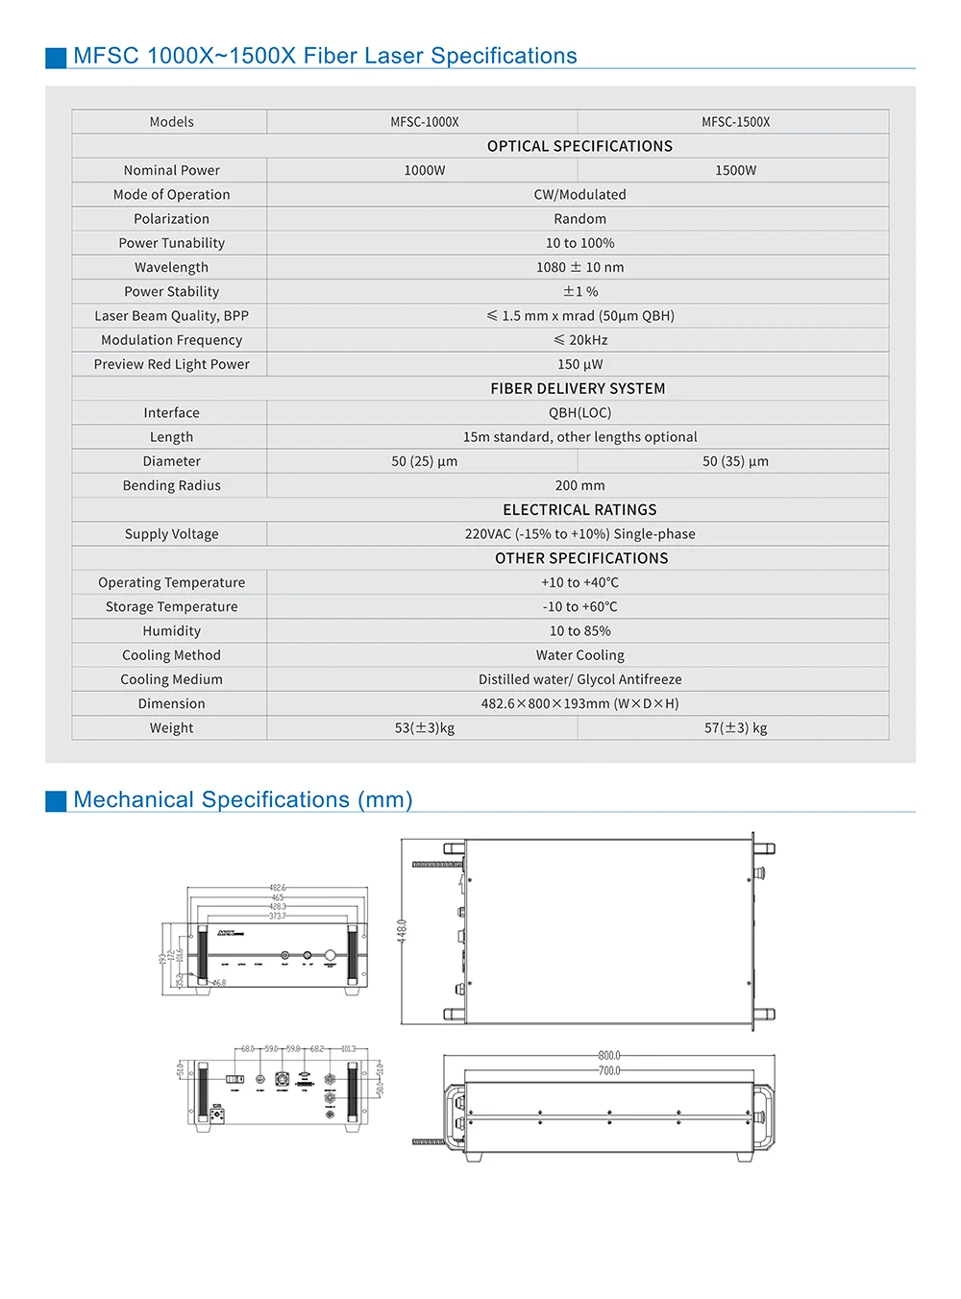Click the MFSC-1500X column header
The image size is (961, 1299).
coord(735,122)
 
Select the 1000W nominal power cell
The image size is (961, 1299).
coord(424,170)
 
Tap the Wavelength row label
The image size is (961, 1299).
coord(171,267)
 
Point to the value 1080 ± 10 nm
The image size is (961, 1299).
coord(579,267)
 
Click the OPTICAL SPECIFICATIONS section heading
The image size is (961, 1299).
coord(579,146)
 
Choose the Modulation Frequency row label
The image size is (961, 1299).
coord(171,340)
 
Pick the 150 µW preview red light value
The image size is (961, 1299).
coord(579,364)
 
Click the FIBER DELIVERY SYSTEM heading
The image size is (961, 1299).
coord(578,388)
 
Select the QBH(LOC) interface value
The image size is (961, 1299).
coord(579,412)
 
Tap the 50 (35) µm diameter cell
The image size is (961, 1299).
coord(735,461)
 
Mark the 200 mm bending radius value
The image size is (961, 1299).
coord(579,485)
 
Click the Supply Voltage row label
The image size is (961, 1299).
coord(171,534)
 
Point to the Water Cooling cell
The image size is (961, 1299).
coord(579,655)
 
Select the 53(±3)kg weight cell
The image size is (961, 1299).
coord(424,728)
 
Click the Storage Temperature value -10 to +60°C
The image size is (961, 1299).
coord(579,606)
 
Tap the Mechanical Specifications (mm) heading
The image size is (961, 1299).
coord(242,799)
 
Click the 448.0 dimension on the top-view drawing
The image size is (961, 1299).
coord(402,931)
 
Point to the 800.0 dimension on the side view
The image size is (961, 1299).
coord(609,1055)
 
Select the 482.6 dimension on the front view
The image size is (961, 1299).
coord(277,888)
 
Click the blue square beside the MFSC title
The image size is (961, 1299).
coord(56,58)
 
